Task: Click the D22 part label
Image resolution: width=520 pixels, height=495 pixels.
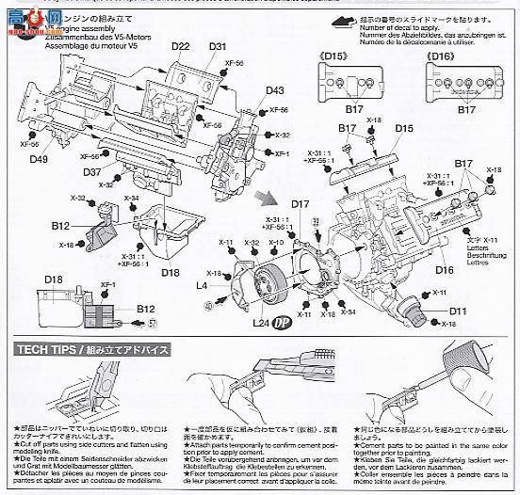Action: [x=181, y=48]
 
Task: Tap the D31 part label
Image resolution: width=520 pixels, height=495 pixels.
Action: [x=218, y=48]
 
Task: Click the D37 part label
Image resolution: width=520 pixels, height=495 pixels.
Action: [x=91, y=171]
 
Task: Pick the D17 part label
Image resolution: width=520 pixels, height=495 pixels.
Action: [x=301, y=204]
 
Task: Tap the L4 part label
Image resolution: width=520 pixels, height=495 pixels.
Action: [x=201, y=284]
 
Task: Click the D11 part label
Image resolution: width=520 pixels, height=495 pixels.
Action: [x=458, y=311]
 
